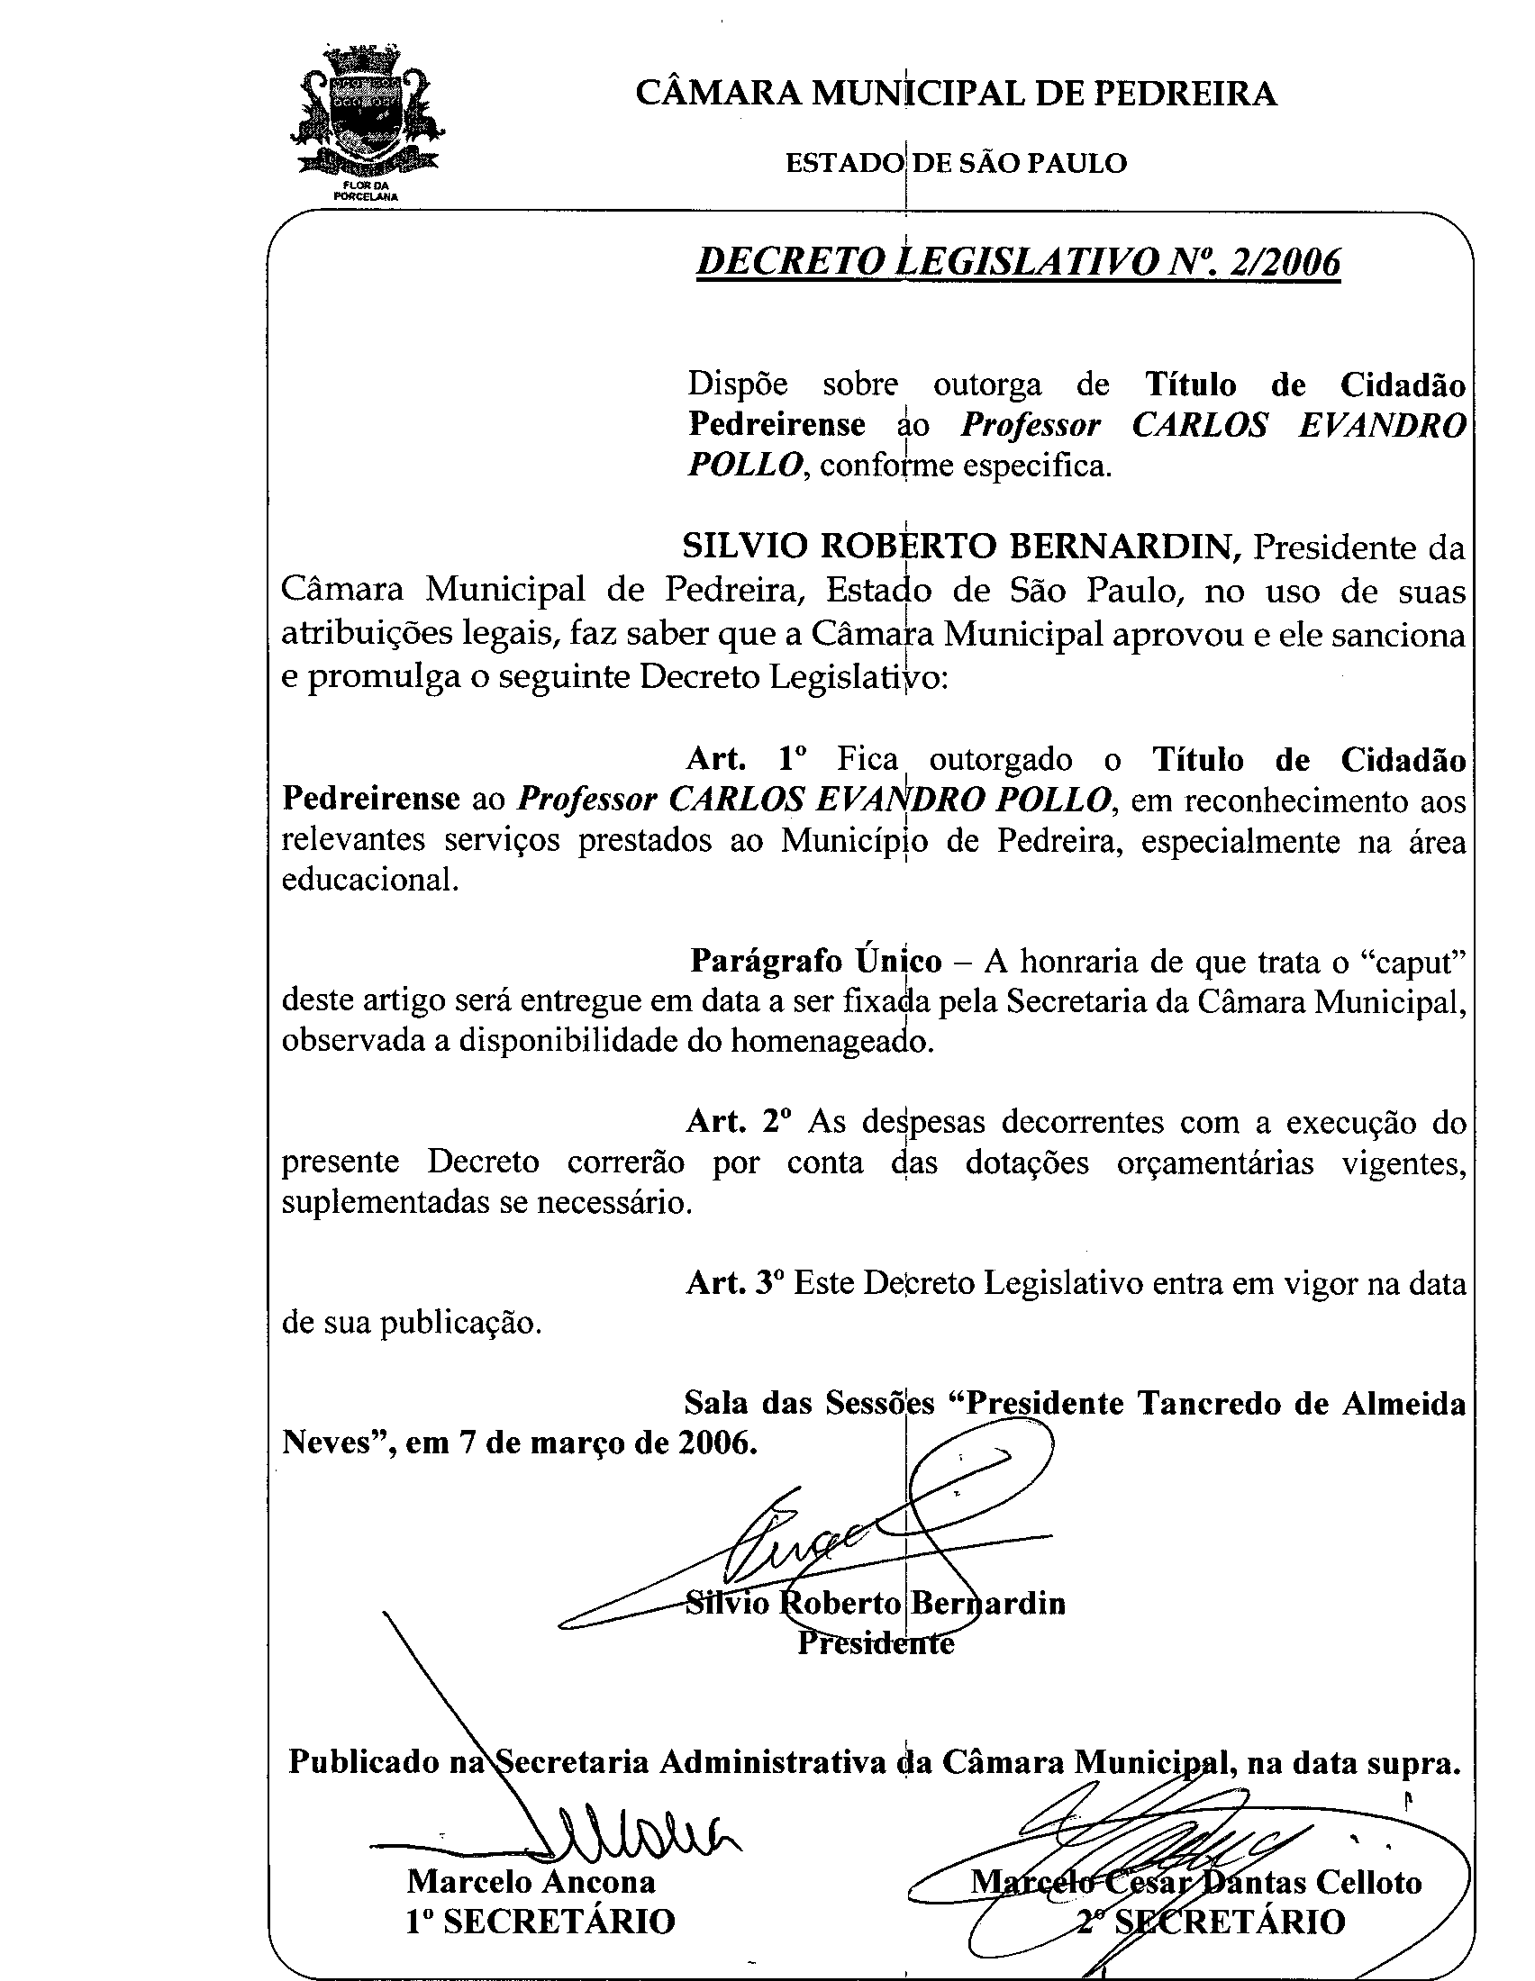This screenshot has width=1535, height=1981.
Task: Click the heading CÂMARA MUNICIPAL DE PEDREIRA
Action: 956,94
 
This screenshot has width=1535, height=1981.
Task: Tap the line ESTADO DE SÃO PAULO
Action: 956,163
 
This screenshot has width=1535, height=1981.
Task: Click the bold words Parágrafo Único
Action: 815,961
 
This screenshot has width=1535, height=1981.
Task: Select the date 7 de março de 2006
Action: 608,1443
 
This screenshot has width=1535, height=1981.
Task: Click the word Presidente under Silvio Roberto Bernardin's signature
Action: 876,1643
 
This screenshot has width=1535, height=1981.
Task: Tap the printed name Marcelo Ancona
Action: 531,1881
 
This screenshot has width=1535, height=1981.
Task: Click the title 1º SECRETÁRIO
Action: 540,1922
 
